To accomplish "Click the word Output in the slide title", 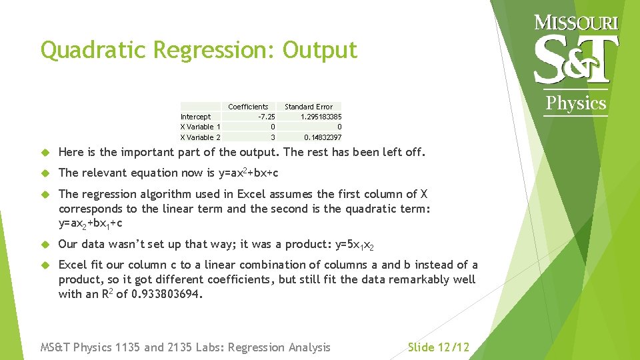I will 320,51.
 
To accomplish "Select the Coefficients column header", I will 248,107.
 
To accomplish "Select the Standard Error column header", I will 308,107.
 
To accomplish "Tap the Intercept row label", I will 195,117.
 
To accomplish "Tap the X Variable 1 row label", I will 200,127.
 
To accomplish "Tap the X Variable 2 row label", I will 200,137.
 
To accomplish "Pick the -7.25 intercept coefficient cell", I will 266,117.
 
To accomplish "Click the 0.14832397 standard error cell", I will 323,137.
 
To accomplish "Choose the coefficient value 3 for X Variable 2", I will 272,137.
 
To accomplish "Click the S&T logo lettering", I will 577,59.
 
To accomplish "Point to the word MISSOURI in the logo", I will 577,23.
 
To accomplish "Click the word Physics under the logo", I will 576,103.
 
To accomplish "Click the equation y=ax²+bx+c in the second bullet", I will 248,173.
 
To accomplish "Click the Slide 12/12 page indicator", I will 438,347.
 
